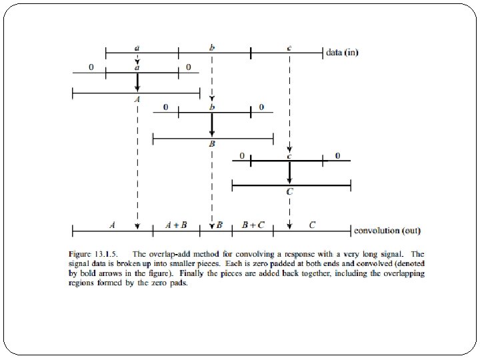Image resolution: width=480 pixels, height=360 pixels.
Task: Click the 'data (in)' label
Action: (342, 52)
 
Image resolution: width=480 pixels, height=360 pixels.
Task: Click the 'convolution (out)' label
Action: (387, 231)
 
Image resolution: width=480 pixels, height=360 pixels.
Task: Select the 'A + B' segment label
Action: (176, 225)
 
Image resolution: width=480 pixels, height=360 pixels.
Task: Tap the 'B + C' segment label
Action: (253, 225)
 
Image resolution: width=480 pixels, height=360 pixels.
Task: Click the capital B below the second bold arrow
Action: (212, 143)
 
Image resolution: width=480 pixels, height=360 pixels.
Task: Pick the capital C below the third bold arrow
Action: (289, 191)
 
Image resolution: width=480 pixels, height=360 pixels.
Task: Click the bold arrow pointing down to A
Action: (137, 81)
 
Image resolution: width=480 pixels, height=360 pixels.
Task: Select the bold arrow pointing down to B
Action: (212, 125)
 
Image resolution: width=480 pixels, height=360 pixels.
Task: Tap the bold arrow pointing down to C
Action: (289, 172)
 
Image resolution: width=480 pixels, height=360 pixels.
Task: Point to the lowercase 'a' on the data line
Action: (137, 47)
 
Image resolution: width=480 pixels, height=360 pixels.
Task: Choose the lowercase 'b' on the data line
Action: (212, 47)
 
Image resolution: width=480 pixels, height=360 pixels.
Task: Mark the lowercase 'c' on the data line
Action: (289, 47)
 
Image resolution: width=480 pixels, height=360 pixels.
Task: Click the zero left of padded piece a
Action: (91, 67)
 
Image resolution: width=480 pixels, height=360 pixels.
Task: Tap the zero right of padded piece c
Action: (337, 156)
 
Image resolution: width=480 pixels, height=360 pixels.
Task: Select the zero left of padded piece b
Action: (166, 107)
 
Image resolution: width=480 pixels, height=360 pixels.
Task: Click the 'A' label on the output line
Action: (112, 225)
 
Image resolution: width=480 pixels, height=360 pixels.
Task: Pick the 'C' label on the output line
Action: (312, 225)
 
